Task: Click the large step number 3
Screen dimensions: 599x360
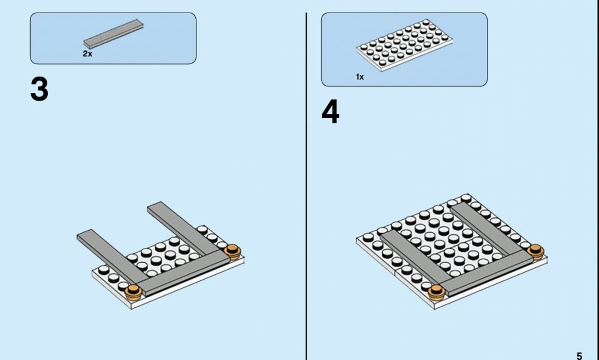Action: pos(40,89)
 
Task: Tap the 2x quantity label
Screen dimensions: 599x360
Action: pos(87,54)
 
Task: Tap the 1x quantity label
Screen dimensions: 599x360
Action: pos(360,77)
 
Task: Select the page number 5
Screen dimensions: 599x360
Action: pos(579,356)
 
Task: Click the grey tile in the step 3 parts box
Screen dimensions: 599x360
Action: pos(113,34)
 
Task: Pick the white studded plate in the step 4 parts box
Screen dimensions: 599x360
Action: pos(404,45)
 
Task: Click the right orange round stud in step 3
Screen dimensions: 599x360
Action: pos(232,252)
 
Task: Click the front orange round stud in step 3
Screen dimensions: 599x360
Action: pos(134,292)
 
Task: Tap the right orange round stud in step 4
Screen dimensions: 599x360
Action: pos(536,252)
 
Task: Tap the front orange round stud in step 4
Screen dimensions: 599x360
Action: pos(436,293)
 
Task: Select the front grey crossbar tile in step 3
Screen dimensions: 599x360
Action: pos(183,272)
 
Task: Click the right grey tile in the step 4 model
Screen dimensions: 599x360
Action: pos(485,229)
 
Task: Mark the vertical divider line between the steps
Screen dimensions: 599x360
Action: pos(306,186)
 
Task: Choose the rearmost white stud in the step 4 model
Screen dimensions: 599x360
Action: pos(465,198)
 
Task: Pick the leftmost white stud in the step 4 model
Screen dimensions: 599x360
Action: pos(368,237)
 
